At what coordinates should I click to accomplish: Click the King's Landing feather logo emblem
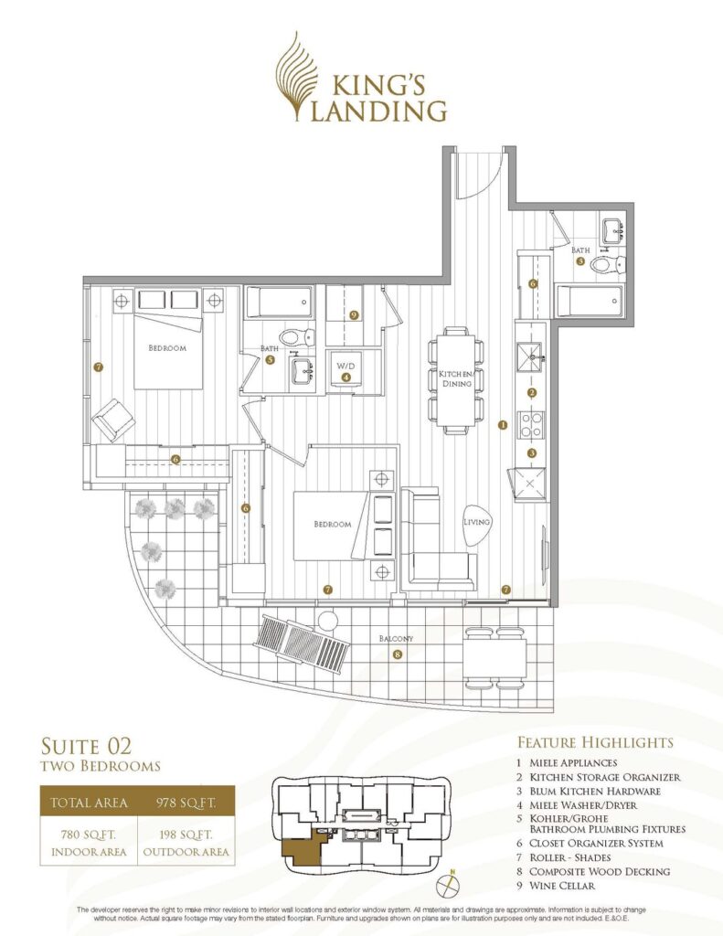pyautogui.click(x=297, y=77)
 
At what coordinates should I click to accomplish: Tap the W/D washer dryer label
pyautogui.click(x=346, y=366)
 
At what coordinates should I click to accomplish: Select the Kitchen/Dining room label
pyautogui.click(x=457, y=378)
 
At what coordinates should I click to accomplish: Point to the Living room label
pyautogui.click(x=476, y=522)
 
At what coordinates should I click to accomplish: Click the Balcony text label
pyautogui.click(x=396, y=639)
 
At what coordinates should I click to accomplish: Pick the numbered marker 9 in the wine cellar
pyautogui.click(x=354, y=314)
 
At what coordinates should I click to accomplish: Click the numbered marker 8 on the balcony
pyautogui.click(x=398, y=654)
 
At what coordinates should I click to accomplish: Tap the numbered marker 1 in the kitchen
pyautogui.click(x=502, y=425)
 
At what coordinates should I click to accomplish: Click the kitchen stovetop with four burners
pyautogui.click(x=531, y=424)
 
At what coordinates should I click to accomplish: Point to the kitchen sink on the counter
pyautogui.click(x=530, y=356)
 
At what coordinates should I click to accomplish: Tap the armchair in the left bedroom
pyautogui.click(x=112, y=419)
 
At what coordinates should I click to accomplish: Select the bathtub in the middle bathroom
pyautogui.click(x=279, y=303)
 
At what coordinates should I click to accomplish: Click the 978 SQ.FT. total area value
pyautogui.click(x=185, y=803)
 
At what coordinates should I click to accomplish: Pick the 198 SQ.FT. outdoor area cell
pyautogui.click(x=186, y=842)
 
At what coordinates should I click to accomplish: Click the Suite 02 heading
pyautogui.click(x=86, y=746)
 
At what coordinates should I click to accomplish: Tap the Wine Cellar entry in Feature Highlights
pyautogui.click(x=562, y=886)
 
